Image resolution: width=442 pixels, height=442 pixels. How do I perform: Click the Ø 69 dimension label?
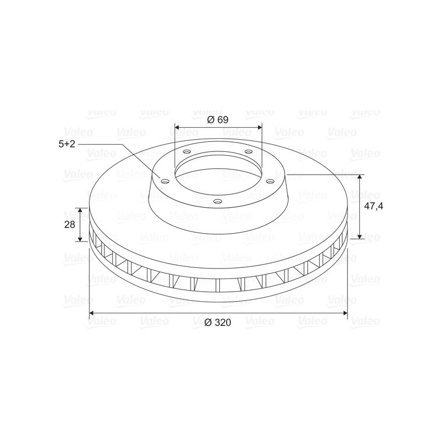click(x=218, y=120)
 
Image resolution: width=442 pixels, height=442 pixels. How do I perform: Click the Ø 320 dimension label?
click(x=218, y=323)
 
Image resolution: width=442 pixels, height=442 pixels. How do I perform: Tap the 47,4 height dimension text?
click(x=373, y=206)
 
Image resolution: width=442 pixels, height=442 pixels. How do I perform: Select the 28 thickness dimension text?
click(x=70, y=225)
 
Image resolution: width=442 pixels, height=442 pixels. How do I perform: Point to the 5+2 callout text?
click(x=67, y=144)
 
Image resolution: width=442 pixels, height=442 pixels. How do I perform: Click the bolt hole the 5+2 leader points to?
click(x=165, y=181)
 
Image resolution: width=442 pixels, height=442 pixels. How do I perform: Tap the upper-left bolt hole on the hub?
click(x=187, y=151)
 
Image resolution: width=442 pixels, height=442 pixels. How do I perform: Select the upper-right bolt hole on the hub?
click(x=248, y=151)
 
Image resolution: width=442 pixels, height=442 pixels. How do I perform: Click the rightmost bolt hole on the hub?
click(x=270, y=181)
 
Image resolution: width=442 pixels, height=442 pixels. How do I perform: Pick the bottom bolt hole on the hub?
click(x=218, y=201)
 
